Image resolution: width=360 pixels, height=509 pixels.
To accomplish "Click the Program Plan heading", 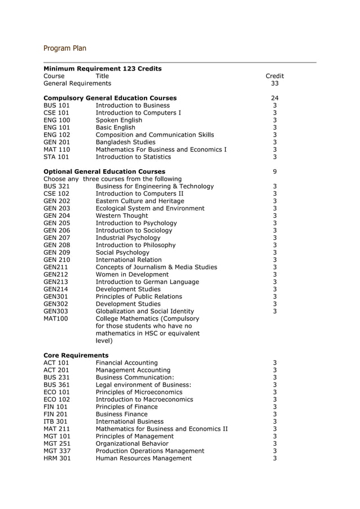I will (x=65, y=49).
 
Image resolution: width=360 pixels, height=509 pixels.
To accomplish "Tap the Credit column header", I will (x=274, y=76).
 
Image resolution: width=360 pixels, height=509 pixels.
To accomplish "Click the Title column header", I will (x=102, y=76).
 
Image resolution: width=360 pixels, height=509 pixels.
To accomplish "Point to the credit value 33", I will (x=274, y=84).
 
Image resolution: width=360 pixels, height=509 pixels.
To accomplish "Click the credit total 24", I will (x=274, y=98).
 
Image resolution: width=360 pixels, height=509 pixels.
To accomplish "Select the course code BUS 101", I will (x=56, y=106).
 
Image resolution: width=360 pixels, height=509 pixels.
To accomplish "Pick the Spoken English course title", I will (x=118, y=120).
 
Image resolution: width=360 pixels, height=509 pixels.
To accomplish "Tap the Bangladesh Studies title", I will (x=125, y=142).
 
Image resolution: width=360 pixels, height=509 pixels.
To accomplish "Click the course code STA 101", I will (x=56, y=157).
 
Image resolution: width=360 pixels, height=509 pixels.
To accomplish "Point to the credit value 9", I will (x=274, y=172).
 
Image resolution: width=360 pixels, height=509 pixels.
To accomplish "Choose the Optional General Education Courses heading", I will (x=104, y=172).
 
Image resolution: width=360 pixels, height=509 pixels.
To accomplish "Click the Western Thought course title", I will (x=122, y=216).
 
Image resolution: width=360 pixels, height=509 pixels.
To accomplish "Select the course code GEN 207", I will (x=56, y=238).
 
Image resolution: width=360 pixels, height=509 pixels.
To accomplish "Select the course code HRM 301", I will (x=56, y=458).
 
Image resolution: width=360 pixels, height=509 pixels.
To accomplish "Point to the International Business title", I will (x=129, y=422).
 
